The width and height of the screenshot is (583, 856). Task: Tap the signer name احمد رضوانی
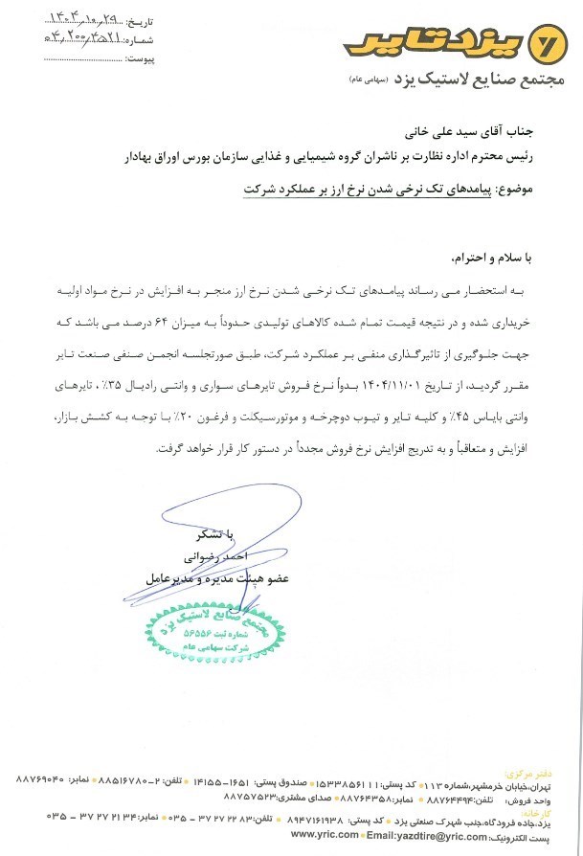point(213,556)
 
